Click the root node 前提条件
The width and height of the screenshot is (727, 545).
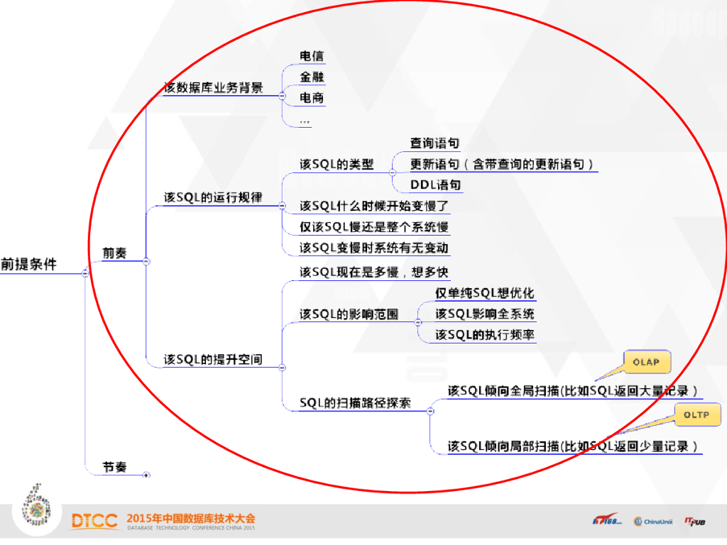pos(28,264)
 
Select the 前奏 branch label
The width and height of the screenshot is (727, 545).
pos(114,253)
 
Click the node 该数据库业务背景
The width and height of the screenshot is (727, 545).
pos(213,87)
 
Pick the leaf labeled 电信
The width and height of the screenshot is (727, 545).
pos(312,56)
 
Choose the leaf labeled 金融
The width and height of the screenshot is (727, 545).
pos(312,77)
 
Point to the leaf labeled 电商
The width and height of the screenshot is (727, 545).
pos(312,97)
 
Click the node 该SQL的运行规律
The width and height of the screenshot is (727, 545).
pos(212,198)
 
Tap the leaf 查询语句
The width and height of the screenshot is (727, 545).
pos(434,143)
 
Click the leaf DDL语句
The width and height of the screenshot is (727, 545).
pos(435,185)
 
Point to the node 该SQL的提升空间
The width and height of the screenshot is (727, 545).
pos(212,359)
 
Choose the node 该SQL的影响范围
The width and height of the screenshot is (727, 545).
pos(349,314)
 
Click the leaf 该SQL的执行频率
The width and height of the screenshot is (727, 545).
pos(485,335)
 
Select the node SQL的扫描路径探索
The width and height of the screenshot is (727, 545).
pos(355,403)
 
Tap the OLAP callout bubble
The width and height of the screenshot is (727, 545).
pos(646,362)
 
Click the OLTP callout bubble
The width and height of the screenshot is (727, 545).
pos(696,414)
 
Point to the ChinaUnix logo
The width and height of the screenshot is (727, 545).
pos(653,522)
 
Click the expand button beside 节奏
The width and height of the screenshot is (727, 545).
pos(146,475)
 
